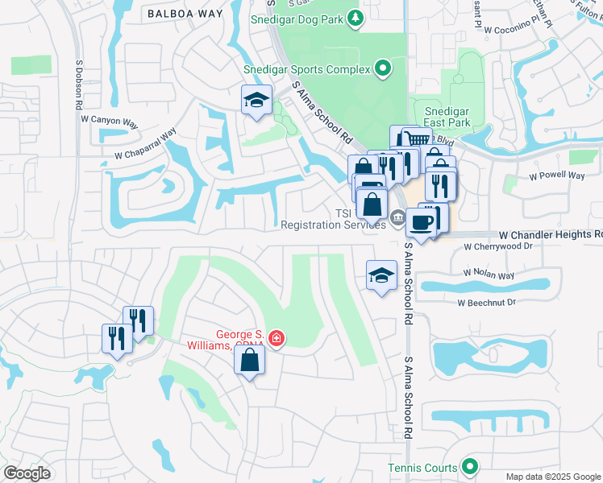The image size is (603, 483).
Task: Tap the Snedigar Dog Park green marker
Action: point(355,18)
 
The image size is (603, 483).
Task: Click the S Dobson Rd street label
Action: point(79,84)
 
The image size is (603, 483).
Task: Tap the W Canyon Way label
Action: point(110,120)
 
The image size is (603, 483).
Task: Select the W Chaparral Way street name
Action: point(145,146)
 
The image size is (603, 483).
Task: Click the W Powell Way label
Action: point(556,175)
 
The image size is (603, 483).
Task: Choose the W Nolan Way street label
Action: point(489,275)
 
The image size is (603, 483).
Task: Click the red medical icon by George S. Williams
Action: point(277,337)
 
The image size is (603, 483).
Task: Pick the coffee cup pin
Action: point(420,222)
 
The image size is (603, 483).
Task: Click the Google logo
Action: point(27,473)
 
